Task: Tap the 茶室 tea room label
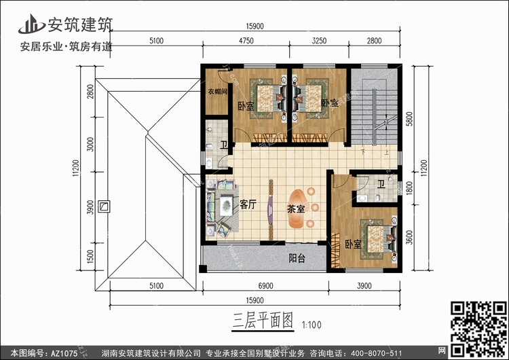(296, 210)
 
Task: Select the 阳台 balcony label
(296, 258)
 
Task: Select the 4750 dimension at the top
(246, 41)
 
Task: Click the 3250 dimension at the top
(319, 41)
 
